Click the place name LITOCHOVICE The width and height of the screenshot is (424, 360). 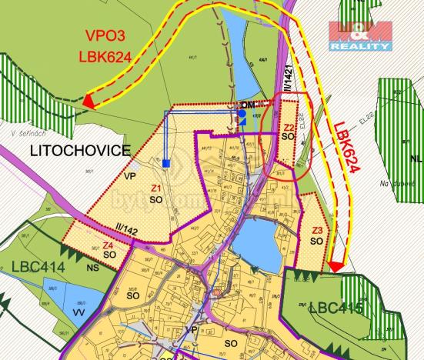[79, 150]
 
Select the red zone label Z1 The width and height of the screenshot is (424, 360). [155, 188]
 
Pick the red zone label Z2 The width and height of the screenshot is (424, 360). [289, 128]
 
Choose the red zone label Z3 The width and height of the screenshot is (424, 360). [317, 230]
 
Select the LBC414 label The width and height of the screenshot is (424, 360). [38, 266]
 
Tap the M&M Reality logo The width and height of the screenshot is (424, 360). [359, 35]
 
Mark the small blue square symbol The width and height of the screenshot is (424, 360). [166, 163]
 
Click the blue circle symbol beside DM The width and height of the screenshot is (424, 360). [242, 114]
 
